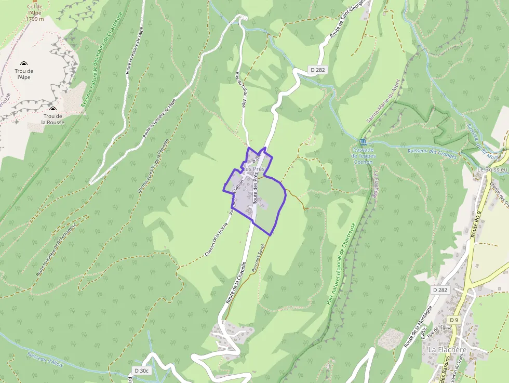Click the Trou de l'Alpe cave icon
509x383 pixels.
(x=24, y=63)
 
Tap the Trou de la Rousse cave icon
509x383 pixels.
(x=52, y=109)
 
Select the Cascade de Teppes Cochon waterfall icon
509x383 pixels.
(x=362, y=142)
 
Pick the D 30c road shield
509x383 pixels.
(x=141, y=371)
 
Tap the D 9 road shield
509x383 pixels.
(x=454, y=320)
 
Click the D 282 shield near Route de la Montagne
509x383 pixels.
(x=439, y=290)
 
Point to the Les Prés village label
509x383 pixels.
(x=254, y=169)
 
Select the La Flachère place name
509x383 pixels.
(x=447, y=350)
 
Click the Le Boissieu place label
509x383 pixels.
(x=492, y=169)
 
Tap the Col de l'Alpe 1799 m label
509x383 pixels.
(x=34, y=13)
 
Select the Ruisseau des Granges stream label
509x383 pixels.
(x=432, y=153)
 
